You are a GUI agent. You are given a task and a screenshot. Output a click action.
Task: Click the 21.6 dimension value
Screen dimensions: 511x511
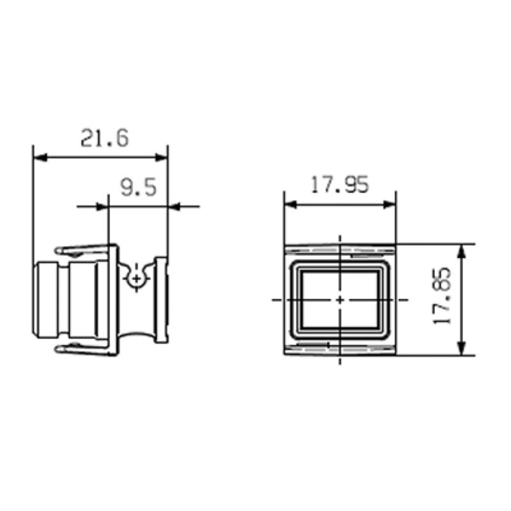click(x=104, y=138)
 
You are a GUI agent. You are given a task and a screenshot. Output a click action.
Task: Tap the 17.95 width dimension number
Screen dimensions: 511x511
click(x=339, y=185)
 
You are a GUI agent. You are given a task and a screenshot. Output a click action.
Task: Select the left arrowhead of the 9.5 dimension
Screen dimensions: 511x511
click(x=102, y=206)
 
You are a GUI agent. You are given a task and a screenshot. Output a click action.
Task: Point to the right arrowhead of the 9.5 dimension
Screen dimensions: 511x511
click(x=174, y=206)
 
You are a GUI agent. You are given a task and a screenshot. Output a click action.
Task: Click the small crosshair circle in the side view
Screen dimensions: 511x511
click(x=136, y=278)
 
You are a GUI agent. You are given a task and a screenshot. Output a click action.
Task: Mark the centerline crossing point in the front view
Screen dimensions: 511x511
click(x=340, y=299)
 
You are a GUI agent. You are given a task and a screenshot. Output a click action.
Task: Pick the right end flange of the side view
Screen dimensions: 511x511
click(x=162, y=299)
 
